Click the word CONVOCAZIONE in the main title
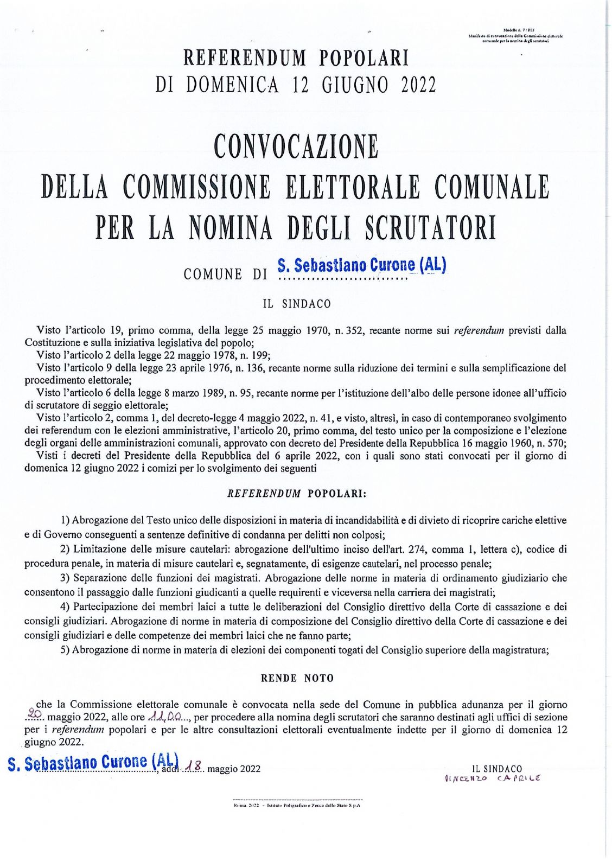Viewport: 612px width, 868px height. point(296,146)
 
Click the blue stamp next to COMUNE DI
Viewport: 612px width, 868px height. point(361,265)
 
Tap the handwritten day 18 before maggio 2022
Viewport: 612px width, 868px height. point(194,767)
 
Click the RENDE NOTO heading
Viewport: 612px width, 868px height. point(297,678)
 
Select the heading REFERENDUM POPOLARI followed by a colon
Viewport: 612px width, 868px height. point(296,494)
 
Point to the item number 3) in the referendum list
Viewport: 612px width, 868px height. point(65,578)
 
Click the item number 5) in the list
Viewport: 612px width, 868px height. point(65,649)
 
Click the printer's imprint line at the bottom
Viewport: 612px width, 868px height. point(297,806)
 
